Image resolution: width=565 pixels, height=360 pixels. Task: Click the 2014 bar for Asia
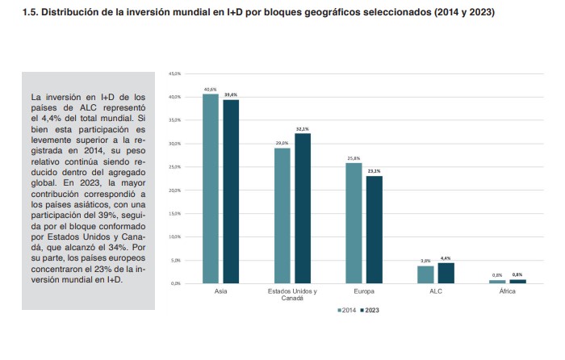click(211, 189)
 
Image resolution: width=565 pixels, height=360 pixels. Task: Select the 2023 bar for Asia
click(231, 191)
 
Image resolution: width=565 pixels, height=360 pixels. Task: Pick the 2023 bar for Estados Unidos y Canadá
click(303, 208)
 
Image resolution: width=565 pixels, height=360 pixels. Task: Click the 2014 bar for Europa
click(354, 223)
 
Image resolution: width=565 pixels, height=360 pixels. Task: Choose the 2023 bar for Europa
click(374, 229)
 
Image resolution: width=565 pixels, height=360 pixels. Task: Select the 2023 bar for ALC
click(446, 273)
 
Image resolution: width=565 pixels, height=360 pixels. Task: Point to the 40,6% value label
click(211, 89)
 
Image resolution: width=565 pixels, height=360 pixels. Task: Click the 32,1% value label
click(303, 128)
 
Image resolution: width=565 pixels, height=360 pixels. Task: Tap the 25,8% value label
click(354, 158)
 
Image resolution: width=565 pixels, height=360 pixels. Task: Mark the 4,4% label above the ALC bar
click(446, 258)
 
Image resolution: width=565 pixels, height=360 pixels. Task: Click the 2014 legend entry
click(346, 310)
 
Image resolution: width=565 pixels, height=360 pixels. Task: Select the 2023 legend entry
click(370, 310)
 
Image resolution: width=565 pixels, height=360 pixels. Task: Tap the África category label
click(507, 291)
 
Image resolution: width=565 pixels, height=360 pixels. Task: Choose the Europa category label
click(364, 291)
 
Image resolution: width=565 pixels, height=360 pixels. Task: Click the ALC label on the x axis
click(436, 291)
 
